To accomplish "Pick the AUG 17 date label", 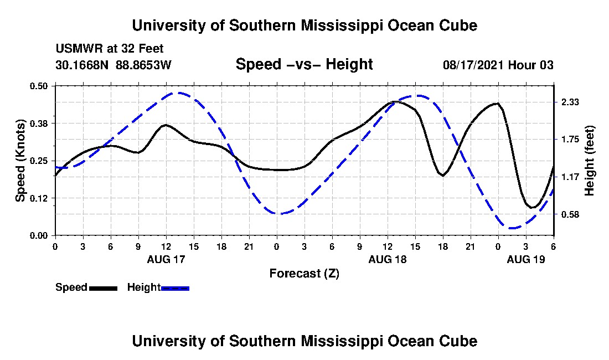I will point(167,259).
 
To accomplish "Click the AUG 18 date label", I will point(388,259).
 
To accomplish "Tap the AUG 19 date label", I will point(526,259).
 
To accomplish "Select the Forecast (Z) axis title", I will point(304,273).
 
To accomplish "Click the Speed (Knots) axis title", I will point(20,161).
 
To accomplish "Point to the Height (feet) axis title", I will point(590,161).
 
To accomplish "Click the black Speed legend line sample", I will point(103,288).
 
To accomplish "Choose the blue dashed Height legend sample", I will point(175,288).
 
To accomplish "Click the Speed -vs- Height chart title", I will point(304,65).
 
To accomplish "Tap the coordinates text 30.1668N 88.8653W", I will point(113,65).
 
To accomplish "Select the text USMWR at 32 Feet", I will point(110,49).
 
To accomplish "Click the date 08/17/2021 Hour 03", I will point(498,65).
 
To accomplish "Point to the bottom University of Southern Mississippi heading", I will point(304,341).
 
